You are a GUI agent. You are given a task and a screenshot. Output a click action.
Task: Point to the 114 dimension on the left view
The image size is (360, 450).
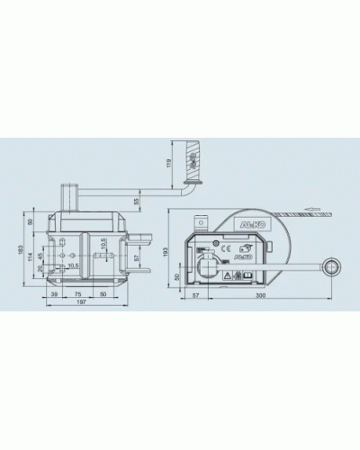[31, 258]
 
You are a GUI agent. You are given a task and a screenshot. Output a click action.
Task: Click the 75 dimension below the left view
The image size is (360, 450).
[80, 294]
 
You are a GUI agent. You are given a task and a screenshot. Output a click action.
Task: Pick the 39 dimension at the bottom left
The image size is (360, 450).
[55, 294]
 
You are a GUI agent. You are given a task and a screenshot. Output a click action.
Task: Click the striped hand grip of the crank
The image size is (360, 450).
[191, 159]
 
